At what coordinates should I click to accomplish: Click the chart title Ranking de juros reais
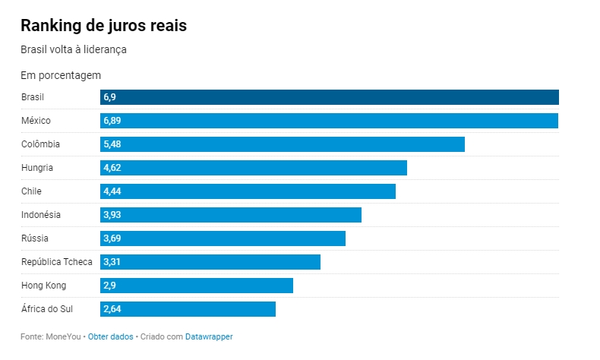(x=103, y=25)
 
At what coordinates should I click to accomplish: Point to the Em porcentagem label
(x=61, y=75)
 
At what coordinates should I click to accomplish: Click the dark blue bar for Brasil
(x=329, y=97)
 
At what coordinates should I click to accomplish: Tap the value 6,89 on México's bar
(x=112, y=121)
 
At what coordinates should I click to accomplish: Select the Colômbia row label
(x=41, y=144)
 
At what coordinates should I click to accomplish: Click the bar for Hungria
(x=253, y=168)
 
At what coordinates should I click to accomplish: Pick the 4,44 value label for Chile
(x=112, y=191)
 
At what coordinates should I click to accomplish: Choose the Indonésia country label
(x=41, y=215)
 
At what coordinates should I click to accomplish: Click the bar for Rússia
(x=223, y=238)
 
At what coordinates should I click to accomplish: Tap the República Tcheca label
(x=57, y=262)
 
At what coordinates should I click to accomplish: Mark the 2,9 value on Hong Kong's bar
(x=109, y=286)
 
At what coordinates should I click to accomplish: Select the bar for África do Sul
(x=188, y=309)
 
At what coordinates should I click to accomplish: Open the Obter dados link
(x=111, y=336)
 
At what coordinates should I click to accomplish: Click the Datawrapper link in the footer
(x=209, y=336)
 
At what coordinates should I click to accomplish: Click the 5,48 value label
(x=112, y=144)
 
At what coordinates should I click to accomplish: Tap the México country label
(x=36, y=121)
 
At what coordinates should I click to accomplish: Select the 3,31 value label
(x=112, y=262)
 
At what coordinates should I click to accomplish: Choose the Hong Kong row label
(x=44, y=286)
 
